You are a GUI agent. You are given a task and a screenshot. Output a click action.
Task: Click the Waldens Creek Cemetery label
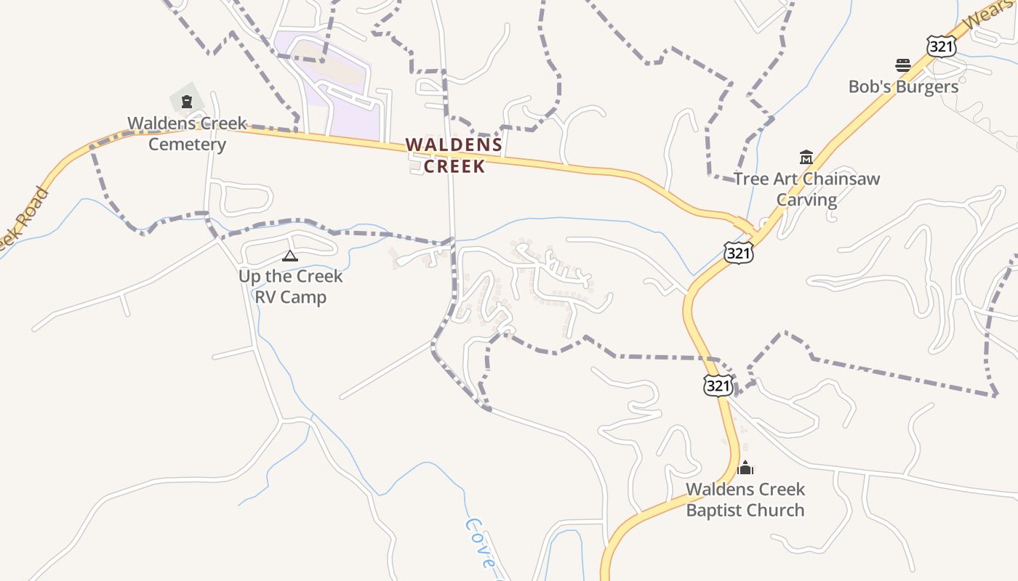188,134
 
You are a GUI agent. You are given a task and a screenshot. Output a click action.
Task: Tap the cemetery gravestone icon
187,101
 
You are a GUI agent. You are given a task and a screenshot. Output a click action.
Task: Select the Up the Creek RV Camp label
290,287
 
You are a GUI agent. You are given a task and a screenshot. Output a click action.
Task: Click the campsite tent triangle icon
290,256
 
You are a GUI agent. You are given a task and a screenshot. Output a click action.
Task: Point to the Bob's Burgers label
903,86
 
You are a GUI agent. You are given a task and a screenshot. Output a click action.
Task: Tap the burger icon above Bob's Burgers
903,65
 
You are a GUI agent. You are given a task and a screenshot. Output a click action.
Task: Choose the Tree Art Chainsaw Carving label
806,189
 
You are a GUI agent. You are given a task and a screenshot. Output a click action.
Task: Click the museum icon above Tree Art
806,157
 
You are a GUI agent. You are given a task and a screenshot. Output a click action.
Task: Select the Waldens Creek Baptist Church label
745,500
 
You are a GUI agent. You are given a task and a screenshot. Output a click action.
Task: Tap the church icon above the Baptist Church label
745,468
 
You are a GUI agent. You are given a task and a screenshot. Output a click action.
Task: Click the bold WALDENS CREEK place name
454,155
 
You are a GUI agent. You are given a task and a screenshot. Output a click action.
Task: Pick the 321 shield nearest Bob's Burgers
941,46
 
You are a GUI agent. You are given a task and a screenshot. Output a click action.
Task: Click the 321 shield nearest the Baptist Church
718,386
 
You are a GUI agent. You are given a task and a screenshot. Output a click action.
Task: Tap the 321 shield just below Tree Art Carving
738,253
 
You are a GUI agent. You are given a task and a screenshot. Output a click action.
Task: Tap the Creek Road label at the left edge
22,218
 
